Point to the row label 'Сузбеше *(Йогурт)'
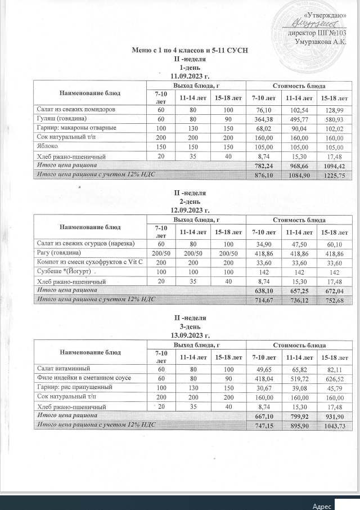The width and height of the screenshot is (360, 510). point(66,271)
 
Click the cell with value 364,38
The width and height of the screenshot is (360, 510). point(264,119)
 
